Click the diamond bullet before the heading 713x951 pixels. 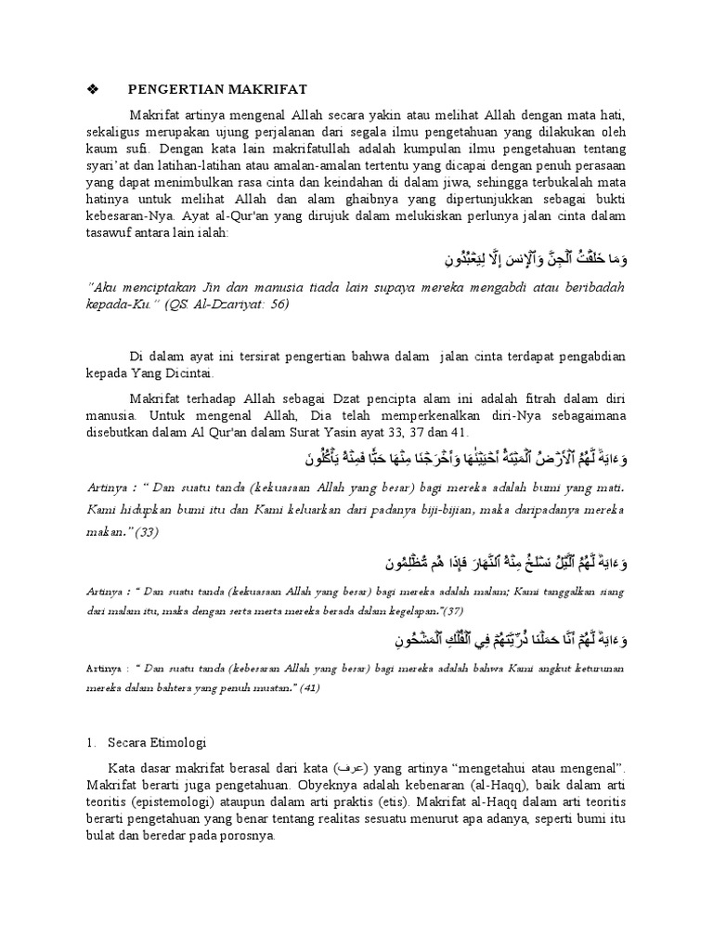point(91,89)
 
